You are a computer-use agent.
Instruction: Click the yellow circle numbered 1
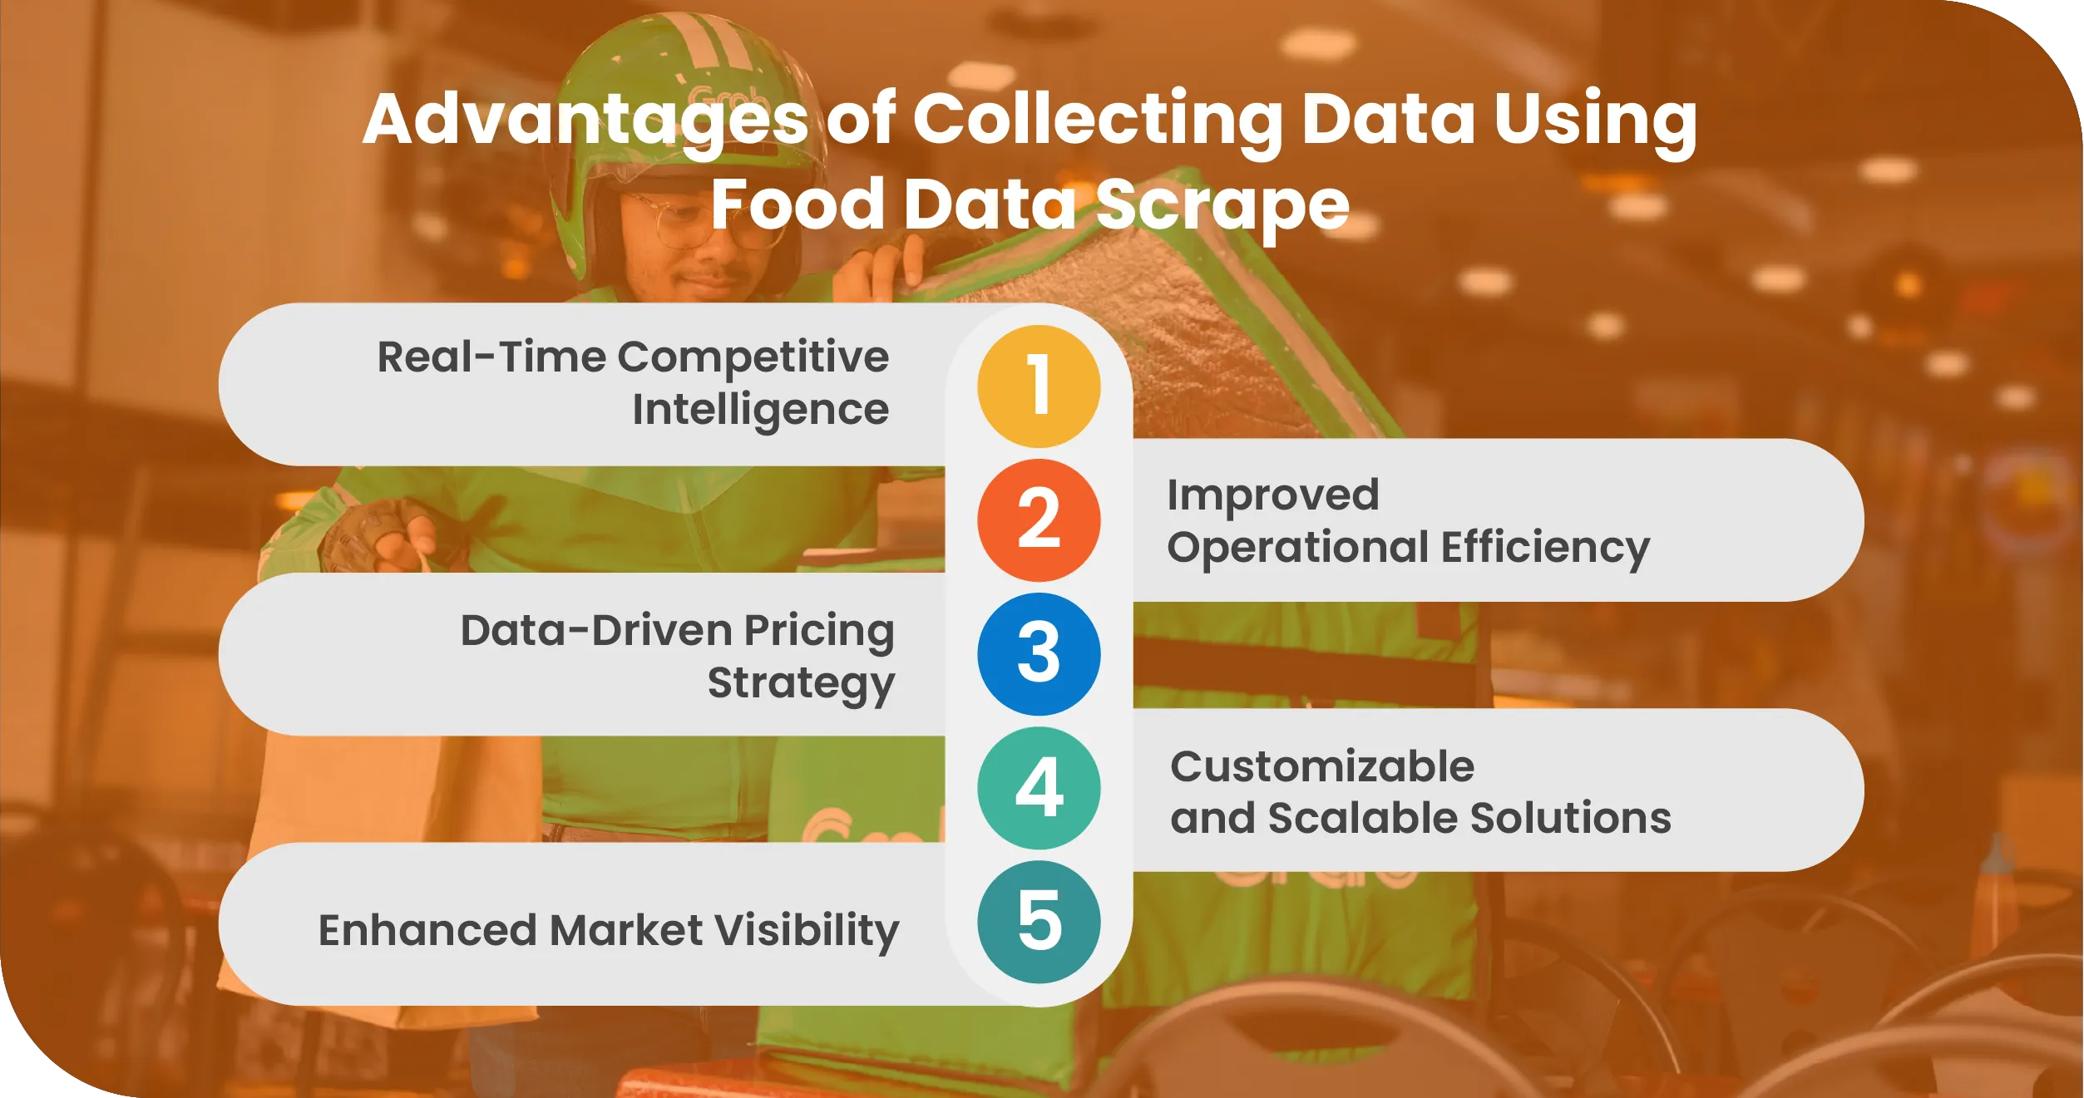point(1039,386)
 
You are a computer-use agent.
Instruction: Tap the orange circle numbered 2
point(1039,519)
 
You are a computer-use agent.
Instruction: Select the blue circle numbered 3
point(1039,653)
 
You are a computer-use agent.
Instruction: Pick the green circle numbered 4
point(1039,787)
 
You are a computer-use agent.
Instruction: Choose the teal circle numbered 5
point(1039,921)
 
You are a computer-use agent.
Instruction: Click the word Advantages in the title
point(585,120)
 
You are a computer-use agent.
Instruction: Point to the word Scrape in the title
point(1222,205)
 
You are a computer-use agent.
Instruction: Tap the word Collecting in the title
point(1098,120)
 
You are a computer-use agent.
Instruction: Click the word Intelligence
point(760,410)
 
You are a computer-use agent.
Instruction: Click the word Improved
point(1273,495)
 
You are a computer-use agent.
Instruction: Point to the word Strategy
point(801,683)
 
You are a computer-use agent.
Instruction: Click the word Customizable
point(1322,766)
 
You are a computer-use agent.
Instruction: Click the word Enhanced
point(427,930)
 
